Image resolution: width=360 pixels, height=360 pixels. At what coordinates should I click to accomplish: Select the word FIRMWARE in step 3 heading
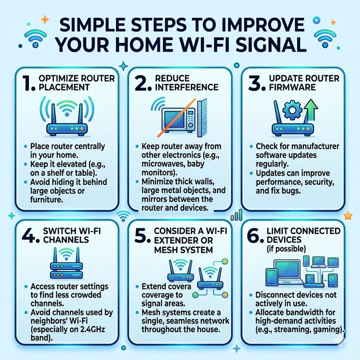(x=292, y=87)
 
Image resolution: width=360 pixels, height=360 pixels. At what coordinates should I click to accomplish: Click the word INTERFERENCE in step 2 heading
(x=187, y=87)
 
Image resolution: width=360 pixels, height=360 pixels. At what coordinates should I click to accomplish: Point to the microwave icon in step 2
(x=178, y=120)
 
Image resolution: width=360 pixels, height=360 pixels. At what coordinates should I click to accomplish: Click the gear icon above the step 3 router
(x=292, y=110)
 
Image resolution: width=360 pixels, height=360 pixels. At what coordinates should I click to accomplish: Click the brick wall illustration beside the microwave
(x=202, y=118)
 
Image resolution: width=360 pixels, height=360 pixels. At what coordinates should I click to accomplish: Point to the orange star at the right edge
(x=348, y=215)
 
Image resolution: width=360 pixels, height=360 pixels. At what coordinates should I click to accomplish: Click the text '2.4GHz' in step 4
(x=93, y=329)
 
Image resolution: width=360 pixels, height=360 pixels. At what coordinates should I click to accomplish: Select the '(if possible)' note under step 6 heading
(x=286, y=249)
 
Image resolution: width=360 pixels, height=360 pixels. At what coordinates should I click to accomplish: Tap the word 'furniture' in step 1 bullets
(x=46, y=200)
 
